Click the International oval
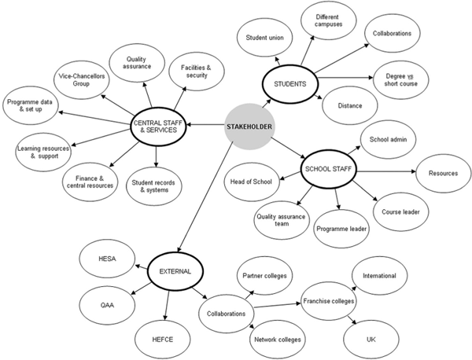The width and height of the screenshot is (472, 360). pos(385,276)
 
